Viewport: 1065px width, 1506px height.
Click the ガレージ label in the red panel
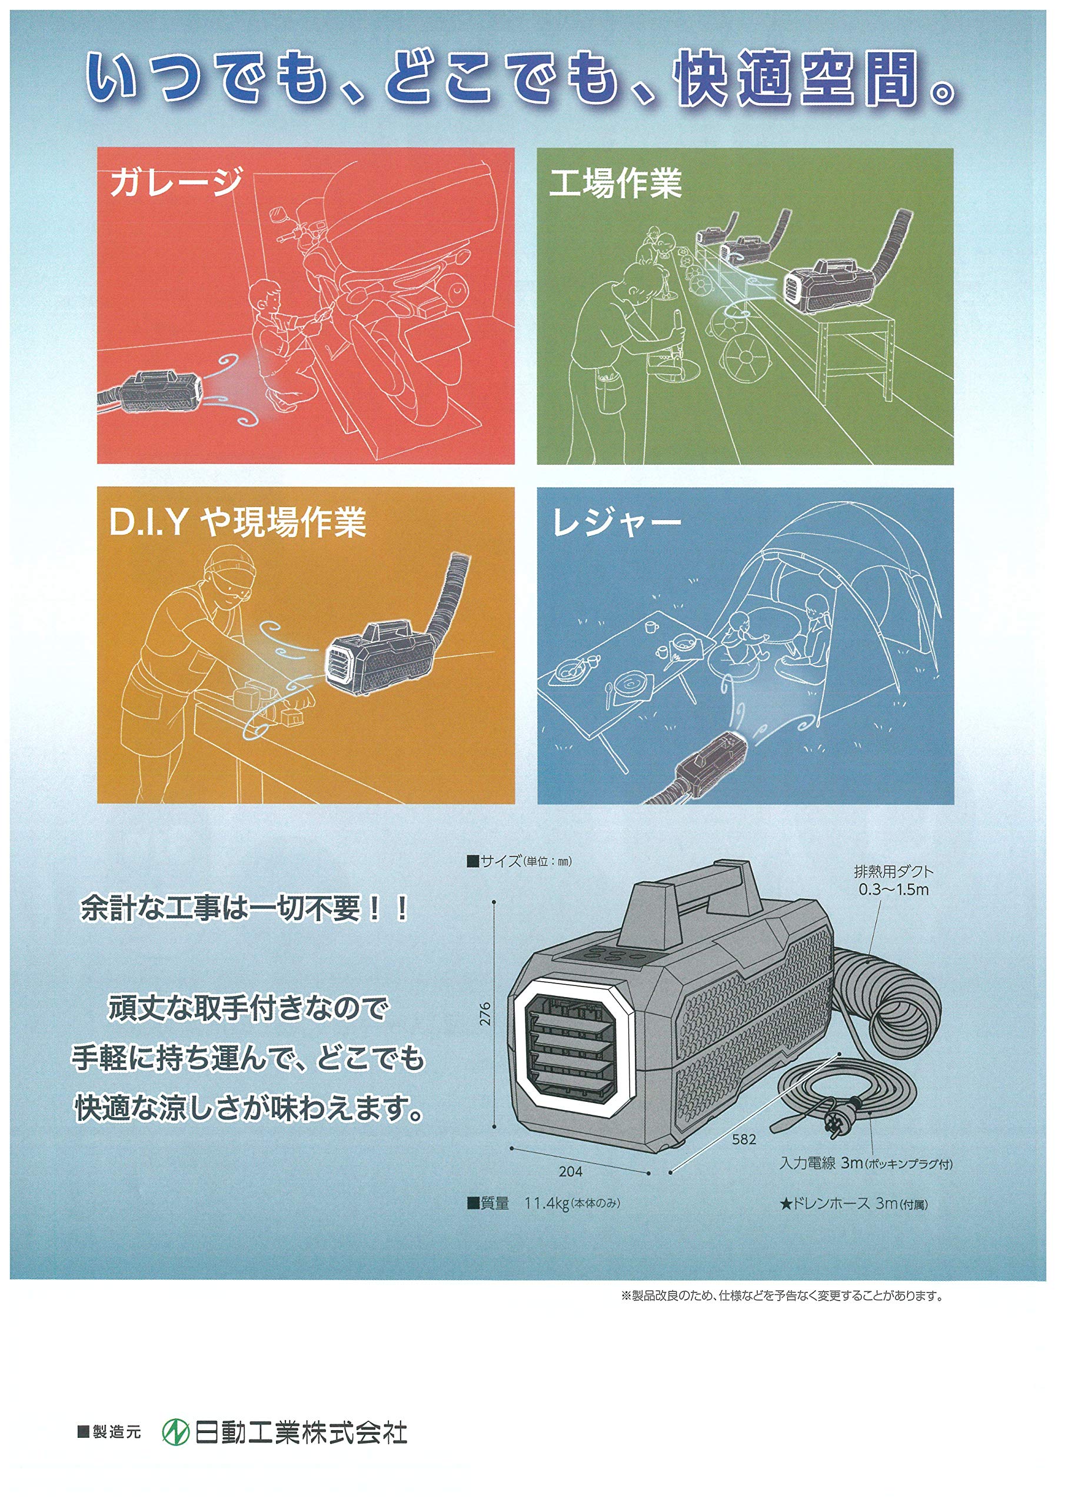pyautogui.click(x=176, y=182)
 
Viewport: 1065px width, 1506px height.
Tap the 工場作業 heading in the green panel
pyautogui.click(x=615, y=183)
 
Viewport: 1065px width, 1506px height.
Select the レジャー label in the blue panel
pyautogui.click(x=615, y=523)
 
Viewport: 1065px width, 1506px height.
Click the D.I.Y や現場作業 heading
pyautogui.click(x=237, y=522)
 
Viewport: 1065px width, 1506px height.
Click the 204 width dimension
pyautogui.click(x=570, y=1171)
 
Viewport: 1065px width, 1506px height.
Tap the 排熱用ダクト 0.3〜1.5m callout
pyautogui.click(x=893, y=880)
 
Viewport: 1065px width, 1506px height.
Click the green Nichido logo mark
pyautogui.click(x=175, y=1432)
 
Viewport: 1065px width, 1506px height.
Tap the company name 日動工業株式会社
pyautogui.click(x=301, y=1432)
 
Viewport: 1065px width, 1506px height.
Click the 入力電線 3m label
pyautogui.click(x=821, y=1163)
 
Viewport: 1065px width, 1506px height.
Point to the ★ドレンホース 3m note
pyautogui.click(x=853, y=1203)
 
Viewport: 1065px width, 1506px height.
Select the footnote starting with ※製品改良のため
pyautogui.click(x=781, y=1295)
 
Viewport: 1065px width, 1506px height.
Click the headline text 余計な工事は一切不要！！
pyautogui.click(x=244, y=908)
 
